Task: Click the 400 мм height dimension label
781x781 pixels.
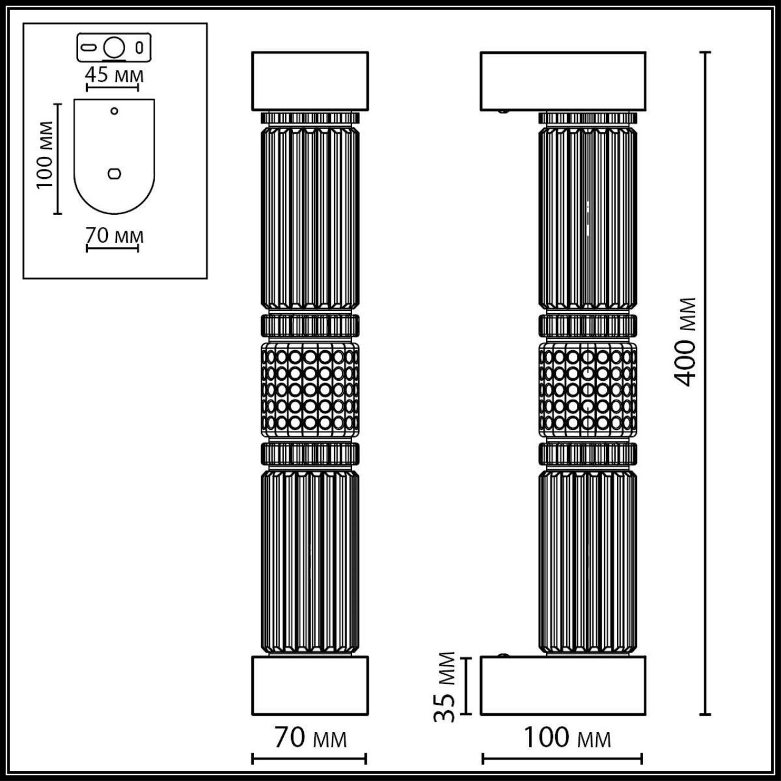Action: [x=686, y=342]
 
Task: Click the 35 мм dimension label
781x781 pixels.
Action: [x=448, y=686]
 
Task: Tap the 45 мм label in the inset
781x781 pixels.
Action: [x=114, y=76]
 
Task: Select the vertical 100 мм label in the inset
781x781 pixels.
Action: [x=46, y=156]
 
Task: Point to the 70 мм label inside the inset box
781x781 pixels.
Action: [x=114, y=235]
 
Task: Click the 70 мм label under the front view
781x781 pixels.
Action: [x=310, y=738]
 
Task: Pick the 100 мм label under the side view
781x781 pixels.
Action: [x=567, y=738]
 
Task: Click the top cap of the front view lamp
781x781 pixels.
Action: [x=310, y=81]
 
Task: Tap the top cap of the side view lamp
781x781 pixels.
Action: [x=563, y=81]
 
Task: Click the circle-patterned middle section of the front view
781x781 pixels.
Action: [x=310, y=389]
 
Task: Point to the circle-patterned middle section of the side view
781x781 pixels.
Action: [x=588, y=389]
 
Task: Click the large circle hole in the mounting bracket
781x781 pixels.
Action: [x=114, y=47]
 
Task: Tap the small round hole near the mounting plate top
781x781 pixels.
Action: [x=114, y=111]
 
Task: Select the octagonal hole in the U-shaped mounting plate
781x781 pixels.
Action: [x=114, y=173]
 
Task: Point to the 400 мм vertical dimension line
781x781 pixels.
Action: [x=706, y=488]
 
